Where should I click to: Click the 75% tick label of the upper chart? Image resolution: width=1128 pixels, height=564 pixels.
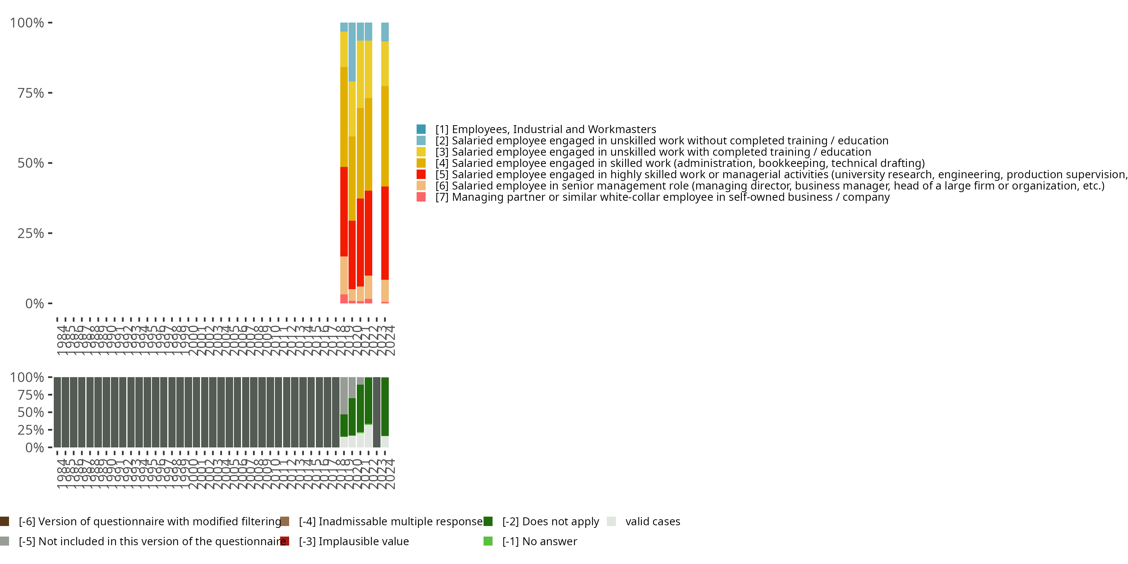pyautogui.click(x=31, y=93)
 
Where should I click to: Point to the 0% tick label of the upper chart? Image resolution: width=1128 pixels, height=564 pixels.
pyautogui.click(x=35, y=303)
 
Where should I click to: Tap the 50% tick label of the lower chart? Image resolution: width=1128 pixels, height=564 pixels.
pyautogui.click(x=31, y=412)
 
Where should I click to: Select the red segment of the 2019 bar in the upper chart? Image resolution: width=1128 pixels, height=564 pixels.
pyautogui.click(x=344, y=211)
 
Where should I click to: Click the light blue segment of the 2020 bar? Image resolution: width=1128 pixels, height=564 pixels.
pyautogui.click(x=352, y=52)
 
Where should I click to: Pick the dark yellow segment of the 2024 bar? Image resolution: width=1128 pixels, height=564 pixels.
pyautogui.click(x=385, y=136)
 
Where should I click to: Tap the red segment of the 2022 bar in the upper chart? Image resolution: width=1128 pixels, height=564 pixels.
pyautogui.click(x=368, y=233)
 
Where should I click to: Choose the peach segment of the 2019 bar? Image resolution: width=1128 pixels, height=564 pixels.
pyautogui.click(x=344, y=275)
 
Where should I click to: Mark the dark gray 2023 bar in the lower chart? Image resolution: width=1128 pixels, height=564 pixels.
pyautogui.click(x=377, y=412)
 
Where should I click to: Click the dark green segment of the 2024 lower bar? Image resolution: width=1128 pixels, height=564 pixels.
pyautogui.click(x=385, y=406)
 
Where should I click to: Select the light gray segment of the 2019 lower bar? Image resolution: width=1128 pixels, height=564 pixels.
pyautogui.click(x=344, y=396)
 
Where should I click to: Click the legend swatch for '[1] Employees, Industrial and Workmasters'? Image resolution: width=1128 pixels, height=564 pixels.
pyautogui.click(x=421, y=129)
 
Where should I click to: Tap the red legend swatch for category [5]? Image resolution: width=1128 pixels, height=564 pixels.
pyautogui.click(x=421, y=174)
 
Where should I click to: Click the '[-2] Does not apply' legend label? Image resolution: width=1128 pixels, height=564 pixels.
pyautogui.click(x=550, y=522)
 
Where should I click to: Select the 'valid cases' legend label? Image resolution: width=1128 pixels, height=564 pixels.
pyautogui.click(x=652, y=522)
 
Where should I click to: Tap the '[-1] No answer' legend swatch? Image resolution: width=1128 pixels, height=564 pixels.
pyautogui.click(x=488, y=541)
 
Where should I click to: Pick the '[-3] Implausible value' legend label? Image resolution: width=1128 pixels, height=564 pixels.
pyautogui.click(x=354, y=541)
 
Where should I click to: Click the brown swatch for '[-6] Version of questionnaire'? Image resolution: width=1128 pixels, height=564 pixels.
pyautogui.click(x=5, y=522)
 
